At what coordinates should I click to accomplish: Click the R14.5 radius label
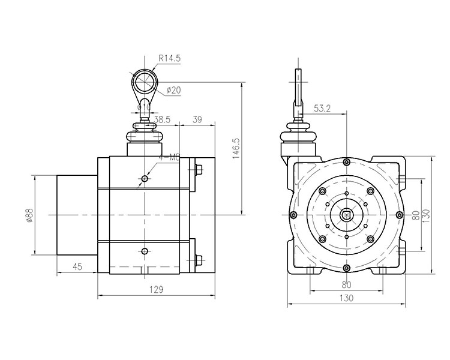coord(170,59)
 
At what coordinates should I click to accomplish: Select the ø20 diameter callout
coord(173,91)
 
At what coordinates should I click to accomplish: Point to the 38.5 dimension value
coord(162,119)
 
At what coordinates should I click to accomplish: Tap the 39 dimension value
coord(197,119)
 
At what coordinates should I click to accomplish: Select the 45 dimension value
coord(77,267)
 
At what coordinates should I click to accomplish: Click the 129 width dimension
coord(155,290)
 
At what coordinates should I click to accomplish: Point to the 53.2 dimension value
coord(323,109)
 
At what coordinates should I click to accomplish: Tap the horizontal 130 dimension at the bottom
coord(346,298)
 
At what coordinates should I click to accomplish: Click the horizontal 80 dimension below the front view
coord(346,285)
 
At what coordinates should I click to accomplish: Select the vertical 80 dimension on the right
coord(415,214)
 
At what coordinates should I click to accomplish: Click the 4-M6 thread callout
coord(170,158)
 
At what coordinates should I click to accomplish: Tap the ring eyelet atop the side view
coord(144,80)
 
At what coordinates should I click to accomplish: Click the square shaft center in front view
coord(346,214)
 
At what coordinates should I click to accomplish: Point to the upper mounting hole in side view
coord(144,178)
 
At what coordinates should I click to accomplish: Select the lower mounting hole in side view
coord(144,250)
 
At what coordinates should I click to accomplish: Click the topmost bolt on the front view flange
coord(346,162)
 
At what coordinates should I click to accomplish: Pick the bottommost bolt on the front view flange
coord(346,268)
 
